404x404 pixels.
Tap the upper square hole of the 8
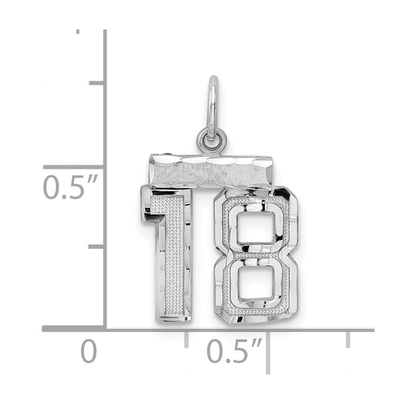pos(256,228)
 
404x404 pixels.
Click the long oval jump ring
pos(213,108)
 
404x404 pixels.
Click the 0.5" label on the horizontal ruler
pos(234,351)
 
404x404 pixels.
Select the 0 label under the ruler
pos(88,351)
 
